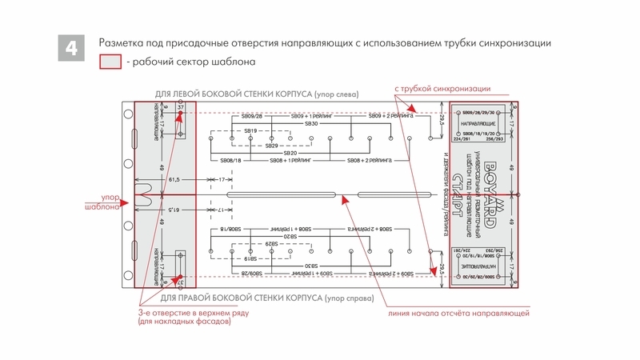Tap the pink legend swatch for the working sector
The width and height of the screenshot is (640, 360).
[x=110, y=62]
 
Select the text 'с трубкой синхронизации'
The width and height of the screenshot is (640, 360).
[x=442, y=88]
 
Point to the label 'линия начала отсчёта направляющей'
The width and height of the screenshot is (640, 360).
[x=457, y=313]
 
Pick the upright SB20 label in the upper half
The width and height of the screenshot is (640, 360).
[x=290, y=152]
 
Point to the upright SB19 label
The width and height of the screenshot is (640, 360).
[x=251, y=130]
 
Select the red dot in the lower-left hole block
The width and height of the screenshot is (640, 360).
[x=178, y=279]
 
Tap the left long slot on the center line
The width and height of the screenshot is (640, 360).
[x=280, y=194]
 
